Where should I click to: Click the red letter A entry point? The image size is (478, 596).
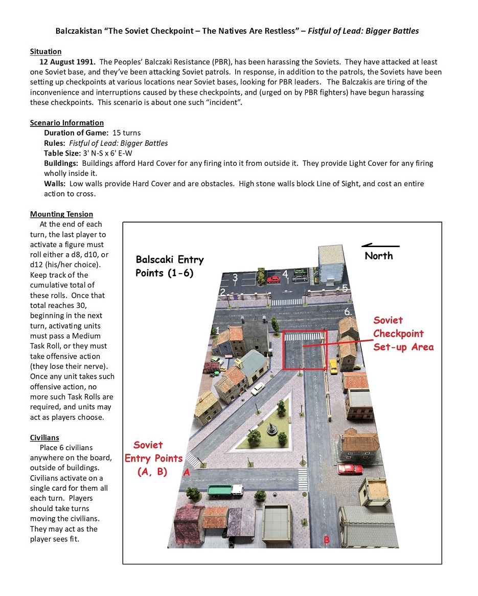187,473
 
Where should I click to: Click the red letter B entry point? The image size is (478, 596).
327,540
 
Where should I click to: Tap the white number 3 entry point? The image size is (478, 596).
235,278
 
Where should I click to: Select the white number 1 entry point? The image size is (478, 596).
217,331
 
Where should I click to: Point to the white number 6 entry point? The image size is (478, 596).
347,312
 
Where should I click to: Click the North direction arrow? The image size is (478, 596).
380,246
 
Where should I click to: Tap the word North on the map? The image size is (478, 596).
379,256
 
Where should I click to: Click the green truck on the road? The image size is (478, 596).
225,491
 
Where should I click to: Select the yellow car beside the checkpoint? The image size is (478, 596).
333,366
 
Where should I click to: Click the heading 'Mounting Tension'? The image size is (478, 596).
61,214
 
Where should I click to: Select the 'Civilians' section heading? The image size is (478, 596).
44,437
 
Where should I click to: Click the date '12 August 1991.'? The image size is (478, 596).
69,62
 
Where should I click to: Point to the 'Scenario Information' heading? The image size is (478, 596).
67,123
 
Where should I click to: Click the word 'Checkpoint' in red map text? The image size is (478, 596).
398,334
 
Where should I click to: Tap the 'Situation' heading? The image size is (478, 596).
46,52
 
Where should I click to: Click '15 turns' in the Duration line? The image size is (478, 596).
127,133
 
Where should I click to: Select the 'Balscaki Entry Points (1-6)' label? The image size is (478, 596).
169,266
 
